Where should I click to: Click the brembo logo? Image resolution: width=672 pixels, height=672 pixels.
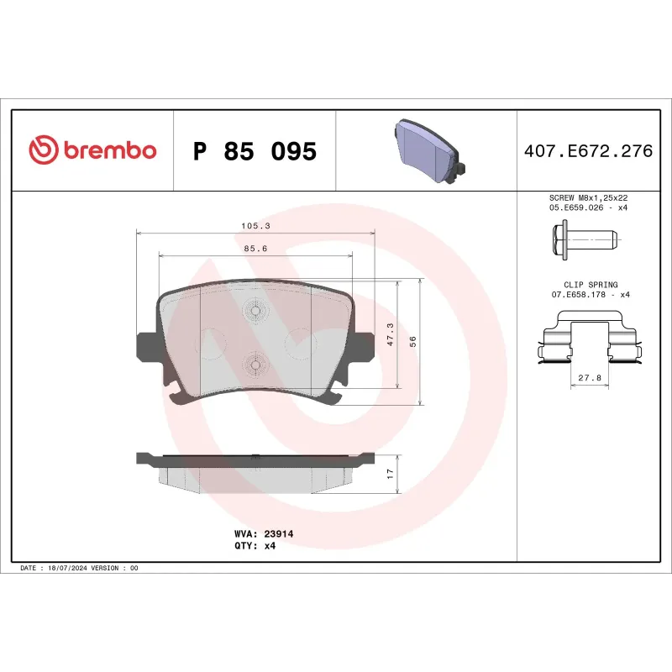pos(92,150)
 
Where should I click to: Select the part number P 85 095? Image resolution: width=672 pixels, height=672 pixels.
pos(255,151)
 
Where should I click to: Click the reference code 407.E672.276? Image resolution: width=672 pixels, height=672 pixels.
pos(588,151)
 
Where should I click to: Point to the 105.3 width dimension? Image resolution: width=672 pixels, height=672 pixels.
pos(255,226)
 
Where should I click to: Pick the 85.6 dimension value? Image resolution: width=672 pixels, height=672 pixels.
pos(255,249)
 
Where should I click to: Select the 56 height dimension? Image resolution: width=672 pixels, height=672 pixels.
pos(412,340)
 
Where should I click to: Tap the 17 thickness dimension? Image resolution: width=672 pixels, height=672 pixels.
pos(390,474)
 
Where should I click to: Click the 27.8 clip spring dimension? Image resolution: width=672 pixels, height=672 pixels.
pos(589,378)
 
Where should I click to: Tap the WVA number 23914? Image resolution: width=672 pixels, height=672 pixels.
pos(278,533)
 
